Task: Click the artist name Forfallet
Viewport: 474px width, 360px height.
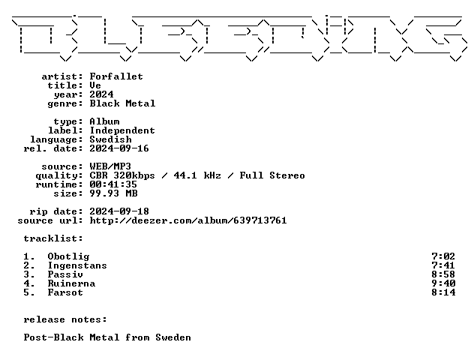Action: click(116, 76)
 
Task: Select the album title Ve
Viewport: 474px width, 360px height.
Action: click(95, 85)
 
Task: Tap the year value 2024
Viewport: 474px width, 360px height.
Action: click(101, 94)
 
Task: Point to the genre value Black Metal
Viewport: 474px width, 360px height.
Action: click(122, 103)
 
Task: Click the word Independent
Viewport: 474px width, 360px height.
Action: click(122, 130)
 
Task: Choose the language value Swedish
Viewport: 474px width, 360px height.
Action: click(111, 139)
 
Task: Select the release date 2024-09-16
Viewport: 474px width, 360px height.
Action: click(119, 148)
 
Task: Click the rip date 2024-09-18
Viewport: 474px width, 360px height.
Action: click(119, 211)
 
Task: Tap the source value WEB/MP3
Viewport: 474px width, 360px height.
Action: click(110, 166)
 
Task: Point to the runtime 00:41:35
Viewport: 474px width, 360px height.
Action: click(113, 184)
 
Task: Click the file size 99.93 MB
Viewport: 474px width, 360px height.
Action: click(114, 193)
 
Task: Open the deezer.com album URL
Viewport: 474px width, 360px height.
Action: click(188, 220)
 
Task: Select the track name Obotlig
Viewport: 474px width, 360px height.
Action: click(68, 256)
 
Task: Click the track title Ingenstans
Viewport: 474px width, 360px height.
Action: click(77, 265)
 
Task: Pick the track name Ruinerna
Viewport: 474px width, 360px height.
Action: click(72, 283)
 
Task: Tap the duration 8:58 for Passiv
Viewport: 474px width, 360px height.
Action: click(443, 274)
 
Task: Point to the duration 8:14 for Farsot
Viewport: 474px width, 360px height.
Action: click(443, 292)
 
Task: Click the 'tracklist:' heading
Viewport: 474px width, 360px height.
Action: click(53, 238)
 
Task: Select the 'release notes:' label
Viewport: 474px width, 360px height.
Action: click(65, 319)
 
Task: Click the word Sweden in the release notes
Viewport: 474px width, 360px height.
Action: click(173, 337)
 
